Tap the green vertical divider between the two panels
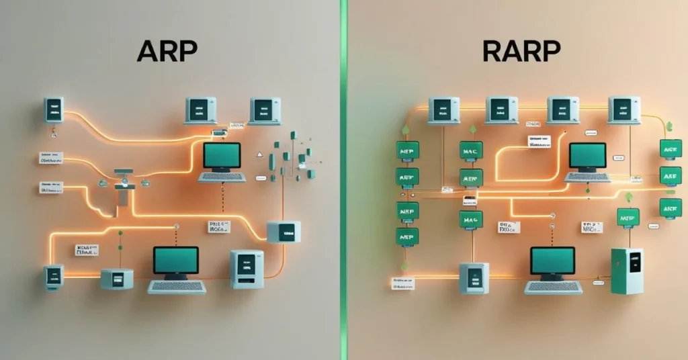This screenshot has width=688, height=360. click(x=343, y=180)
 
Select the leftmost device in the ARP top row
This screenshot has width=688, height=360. click(x=54, y=109)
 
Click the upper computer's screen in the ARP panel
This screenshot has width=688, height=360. click(x=221, y=155)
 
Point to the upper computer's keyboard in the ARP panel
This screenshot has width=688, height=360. click(x=222, y=177)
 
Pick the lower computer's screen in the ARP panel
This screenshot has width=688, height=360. click(x=176, y=261)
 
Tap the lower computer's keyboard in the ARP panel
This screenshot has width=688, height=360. click(x=177, y=287)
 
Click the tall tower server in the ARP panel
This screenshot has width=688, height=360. click(x=247, y=269)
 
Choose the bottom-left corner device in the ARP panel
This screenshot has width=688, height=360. click(x=54, y=277)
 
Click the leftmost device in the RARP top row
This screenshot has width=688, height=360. click(x=444, y=110)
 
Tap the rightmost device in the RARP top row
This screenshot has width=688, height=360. click(x=623, y=109)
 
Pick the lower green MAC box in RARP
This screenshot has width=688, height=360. click(x=471, y=219)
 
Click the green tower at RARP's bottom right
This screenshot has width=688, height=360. click(x=627, y=270)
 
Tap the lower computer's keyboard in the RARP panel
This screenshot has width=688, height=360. click(x=553, y=287)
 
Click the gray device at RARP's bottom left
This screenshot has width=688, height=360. click(x=474, y=277)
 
